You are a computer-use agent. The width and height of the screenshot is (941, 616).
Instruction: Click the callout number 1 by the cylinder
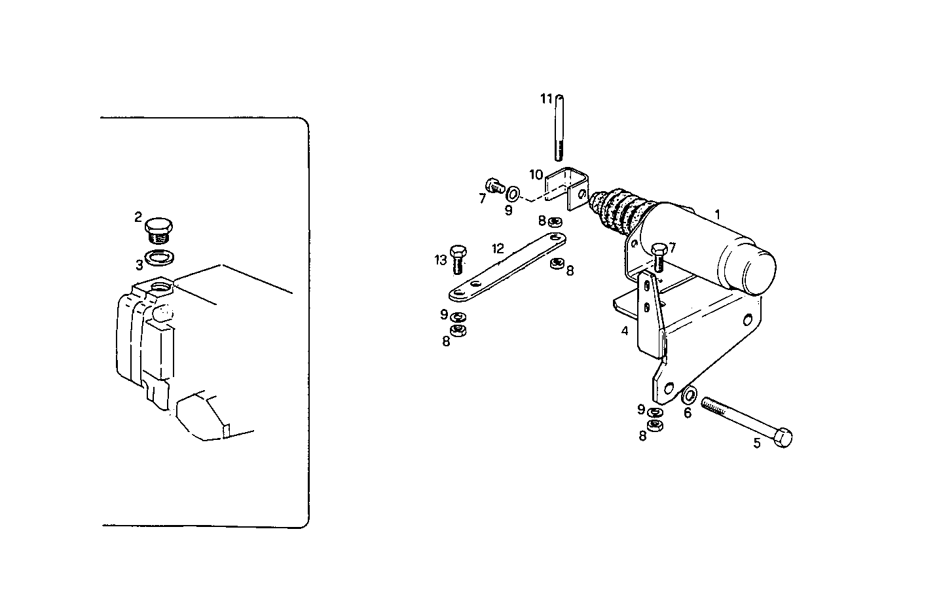[718, 214]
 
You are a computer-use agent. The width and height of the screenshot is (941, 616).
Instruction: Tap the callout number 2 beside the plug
[138, 217]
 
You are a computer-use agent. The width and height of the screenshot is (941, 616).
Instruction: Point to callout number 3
[139, 265]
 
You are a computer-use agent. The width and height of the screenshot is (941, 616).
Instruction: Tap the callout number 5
[757, 443]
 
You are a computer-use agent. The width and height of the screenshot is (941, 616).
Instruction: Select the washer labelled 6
[689, 396]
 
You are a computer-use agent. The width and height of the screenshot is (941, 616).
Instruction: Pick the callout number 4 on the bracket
[625, 331]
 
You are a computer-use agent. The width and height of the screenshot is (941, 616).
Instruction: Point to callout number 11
[547, 99]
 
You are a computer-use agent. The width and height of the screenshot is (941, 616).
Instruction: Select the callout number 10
[536, 175]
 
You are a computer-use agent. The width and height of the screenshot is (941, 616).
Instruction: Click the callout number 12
[498, 249]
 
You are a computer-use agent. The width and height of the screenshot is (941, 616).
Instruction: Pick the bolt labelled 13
[458, 259]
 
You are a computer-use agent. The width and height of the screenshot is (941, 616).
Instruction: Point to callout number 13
[440, 260]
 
